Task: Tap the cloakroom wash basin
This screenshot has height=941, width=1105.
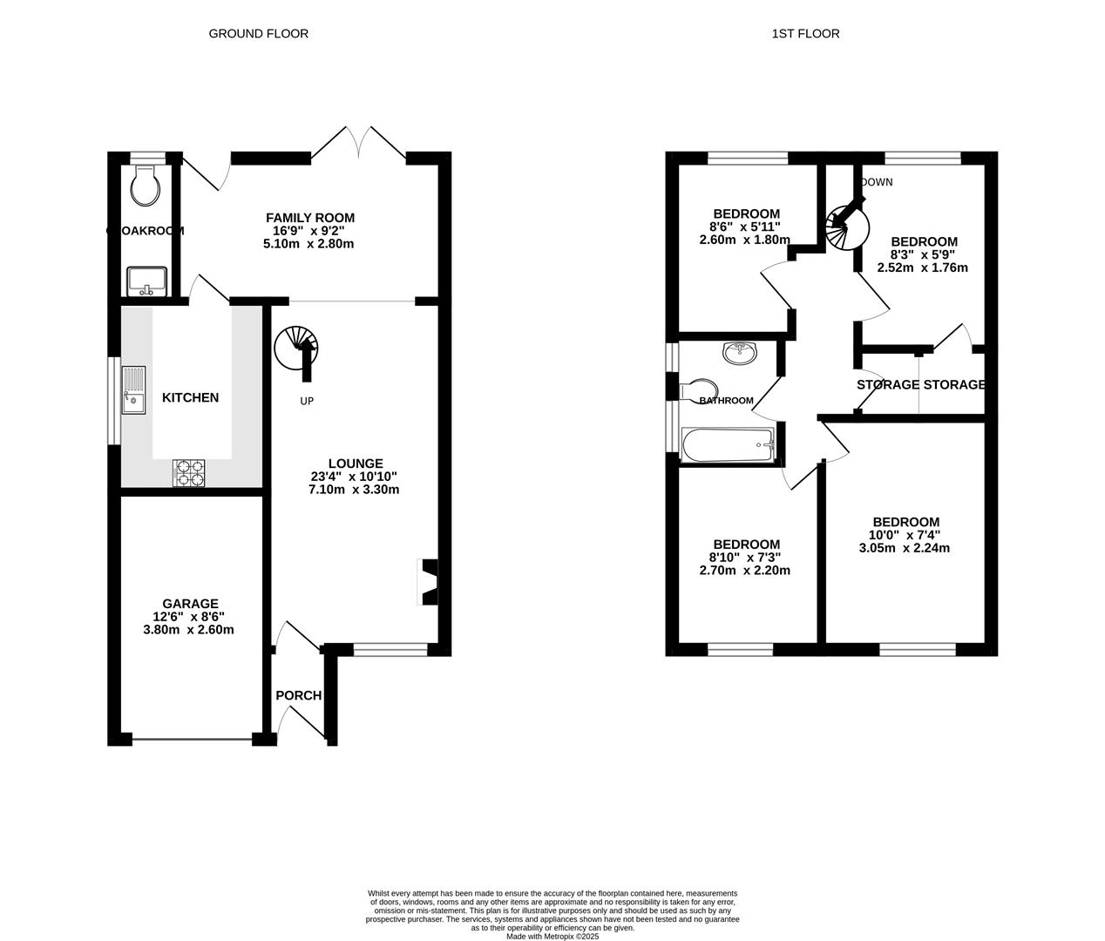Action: coord(146,281)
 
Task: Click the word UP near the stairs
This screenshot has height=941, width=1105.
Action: coord(307,401)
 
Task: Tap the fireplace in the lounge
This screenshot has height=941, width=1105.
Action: coord(429,582)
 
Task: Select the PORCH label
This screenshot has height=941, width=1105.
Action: coord(298,695)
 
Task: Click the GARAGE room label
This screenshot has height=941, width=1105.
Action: coord(190,603)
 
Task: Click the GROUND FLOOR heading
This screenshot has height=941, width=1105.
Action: coord(258,34)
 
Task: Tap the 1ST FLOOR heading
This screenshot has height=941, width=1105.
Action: coord(805,34)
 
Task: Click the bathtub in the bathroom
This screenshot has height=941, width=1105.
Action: coord(729,445)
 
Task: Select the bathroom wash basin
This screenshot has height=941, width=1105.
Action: coord(740,352)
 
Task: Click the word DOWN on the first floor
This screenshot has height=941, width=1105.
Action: coord(876,182)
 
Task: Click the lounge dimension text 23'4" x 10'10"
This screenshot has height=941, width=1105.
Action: coord(354,477)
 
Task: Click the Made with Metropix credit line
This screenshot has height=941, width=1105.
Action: coord(552,936)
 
